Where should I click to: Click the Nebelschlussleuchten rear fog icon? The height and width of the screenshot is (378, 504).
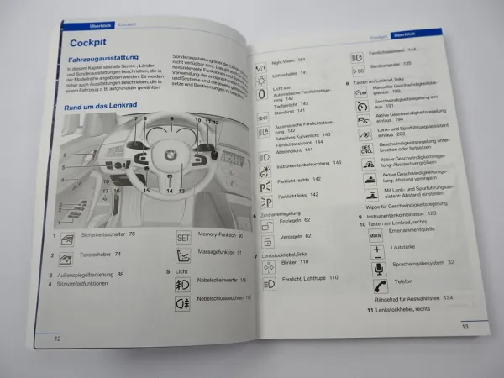coord(183,302)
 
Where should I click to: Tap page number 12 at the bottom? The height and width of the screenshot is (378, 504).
coord(57,339)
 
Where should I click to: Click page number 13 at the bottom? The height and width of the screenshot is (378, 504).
coord(465,326)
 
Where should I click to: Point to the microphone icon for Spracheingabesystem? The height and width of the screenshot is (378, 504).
coord(377,268)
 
